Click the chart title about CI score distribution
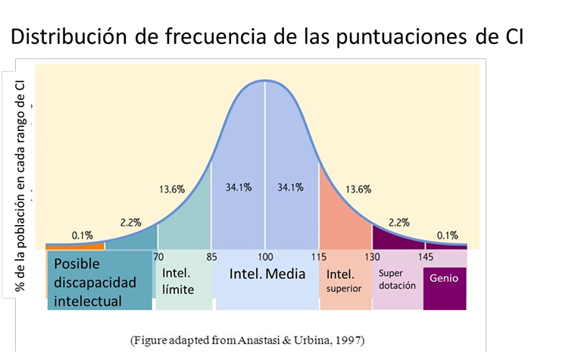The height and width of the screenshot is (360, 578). point(267,36)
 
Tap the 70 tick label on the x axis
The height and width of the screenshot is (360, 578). point(158,257)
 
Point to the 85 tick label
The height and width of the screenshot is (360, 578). point(211,257)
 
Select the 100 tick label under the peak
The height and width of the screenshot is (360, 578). point(265,257)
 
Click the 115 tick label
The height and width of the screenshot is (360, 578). point(319,257)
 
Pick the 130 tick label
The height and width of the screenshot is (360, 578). point(372,257)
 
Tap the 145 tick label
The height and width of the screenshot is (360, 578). point(426,257)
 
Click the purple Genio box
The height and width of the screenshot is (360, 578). point(445,289)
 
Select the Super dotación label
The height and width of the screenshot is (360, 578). point(397,279)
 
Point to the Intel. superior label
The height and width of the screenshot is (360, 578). point(344,281)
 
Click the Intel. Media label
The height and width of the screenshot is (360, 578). point(267,274)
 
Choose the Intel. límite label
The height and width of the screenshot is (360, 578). point(178,281)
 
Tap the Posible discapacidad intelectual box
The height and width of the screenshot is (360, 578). point(99,280)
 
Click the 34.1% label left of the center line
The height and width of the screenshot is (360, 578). point(239,187)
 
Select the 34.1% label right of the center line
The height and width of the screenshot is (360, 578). point(290,187)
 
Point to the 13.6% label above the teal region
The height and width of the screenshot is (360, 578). point(172,189)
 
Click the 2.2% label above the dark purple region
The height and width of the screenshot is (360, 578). point(399,222)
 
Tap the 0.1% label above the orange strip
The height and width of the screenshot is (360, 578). point(83,236)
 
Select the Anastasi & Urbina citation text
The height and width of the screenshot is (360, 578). point(248,340)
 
